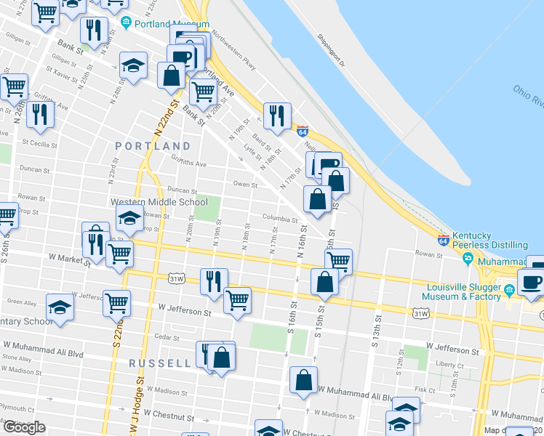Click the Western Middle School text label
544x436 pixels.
159,202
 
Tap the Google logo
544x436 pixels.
24,427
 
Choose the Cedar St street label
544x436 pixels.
167,337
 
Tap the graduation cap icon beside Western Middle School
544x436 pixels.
130,217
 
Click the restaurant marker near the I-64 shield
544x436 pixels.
277,116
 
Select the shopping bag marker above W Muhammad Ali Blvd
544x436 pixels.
303,380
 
